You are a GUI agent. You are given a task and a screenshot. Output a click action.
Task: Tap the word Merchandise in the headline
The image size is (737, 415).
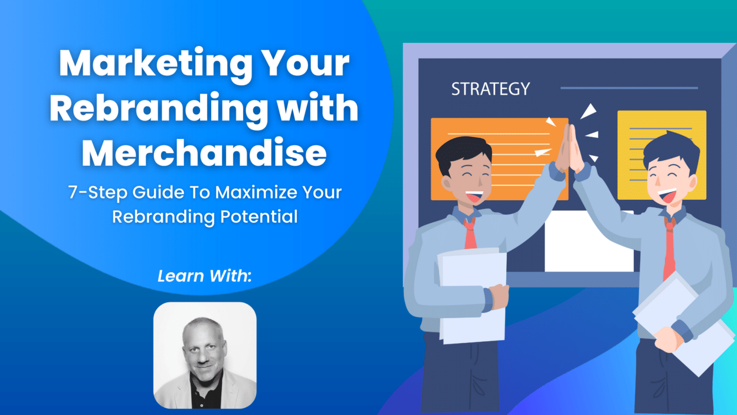[x=204, y=153]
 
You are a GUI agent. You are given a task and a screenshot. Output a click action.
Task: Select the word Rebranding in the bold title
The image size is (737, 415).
[x=159, y=109]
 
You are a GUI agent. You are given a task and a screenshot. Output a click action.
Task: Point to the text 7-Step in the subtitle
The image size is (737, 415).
[x=98, y=192]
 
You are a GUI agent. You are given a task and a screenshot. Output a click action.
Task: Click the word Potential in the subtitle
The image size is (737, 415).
[x=259, y=217]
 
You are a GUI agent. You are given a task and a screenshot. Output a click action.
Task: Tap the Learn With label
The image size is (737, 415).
[x=204, y=276]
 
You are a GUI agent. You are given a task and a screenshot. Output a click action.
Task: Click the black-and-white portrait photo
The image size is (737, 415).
[x=205, y=355]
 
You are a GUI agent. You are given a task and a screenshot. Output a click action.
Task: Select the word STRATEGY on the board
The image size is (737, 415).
[x=490, y=89]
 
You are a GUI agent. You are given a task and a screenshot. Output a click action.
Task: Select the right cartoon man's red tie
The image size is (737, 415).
[x=669, y=250]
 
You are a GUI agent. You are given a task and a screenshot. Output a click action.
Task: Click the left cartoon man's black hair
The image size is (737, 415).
[x=461, y=151]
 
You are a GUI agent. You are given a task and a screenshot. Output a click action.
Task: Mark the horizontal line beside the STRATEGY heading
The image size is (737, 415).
[x=629, y=88]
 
